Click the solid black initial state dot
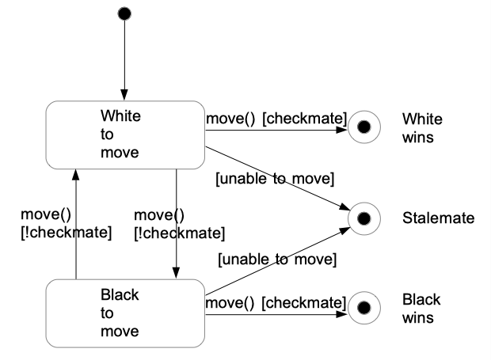pyautogui.click(x=124, y=13)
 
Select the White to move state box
pyautogui.click(x=124, y=134)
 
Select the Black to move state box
pyautogui.click(x=124, y=313)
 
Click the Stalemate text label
pyautogui.click(x=438, y=217)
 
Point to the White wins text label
pyautogui.click(x=422, y=127)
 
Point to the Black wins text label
pyautogui.click(x=421, y=308)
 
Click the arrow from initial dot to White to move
pyautogui.click(x=124, y=59)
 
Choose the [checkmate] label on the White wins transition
pyautogui.click(x=305, y=118)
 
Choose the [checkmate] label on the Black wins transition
pyautogui.click(x=305, y=302)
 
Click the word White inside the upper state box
pyautogui.click(x=120, y=116)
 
